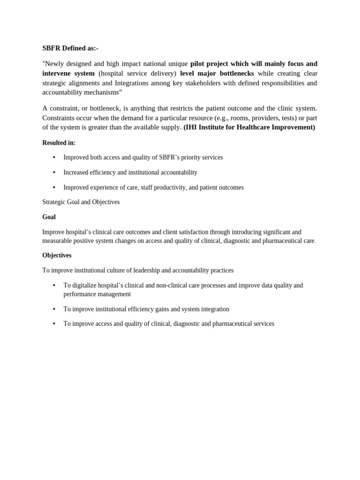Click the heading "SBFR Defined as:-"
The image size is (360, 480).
pyautogui.click(x=70, y=48)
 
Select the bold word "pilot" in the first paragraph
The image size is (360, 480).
pyautogui.click(x=199, y=64)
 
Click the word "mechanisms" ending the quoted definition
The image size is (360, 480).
pyautogui.click(x=102, y=92)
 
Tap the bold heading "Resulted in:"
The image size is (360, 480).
pyautogui.click(x=59, y=143)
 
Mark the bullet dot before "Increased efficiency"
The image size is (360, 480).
pyautogui.click(x=54, y=172)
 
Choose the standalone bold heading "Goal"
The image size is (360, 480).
pyautogui.click(x=49, y=217)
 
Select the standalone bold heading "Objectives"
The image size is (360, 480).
pyautogui.click(x=57, y=255)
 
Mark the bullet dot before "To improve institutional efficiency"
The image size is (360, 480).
pyautogui.click(x=54, y=309)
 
